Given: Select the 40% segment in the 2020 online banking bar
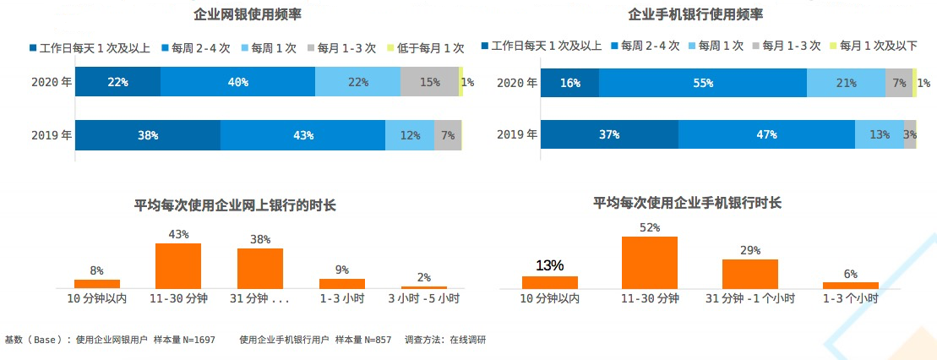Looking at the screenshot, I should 237,82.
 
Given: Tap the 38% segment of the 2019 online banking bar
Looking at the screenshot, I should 148,135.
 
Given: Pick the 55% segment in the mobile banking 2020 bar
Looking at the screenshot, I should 702,83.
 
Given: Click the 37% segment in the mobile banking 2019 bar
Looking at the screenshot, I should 609,134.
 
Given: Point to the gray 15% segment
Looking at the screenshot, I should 429,82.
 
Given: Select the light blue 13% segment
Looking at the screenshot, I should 879,134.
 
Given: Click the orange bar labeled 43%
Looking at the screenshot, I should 177,266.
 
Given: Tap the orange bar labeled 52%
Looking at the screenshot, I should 650,263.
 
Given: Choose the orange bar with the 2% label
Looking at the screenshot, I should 424,287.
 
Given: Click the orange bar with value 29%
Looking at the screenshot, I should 749,274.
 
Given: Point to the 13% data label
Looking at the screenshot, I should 549,265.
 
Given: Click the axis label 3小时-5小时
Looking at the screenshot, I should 423,298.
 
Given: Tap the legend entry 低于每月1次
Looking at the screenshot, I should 429,48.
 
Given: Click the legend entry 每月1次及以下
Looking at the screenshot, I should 877,46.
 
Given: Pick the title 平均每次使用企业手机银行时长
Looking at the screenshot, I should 687,203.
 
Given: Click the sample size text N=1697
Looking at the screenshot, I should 199,340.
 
